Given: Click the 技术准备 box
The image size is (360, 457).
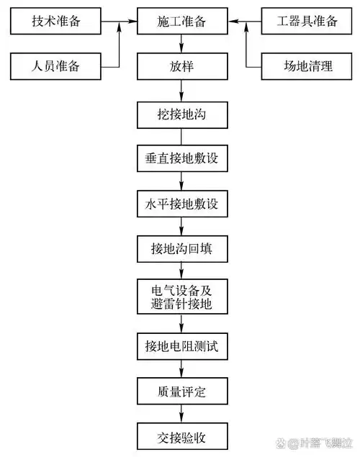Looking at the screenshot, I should (56, 22).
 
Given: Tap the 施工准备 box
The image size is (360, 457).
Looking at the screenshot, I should (181, 22).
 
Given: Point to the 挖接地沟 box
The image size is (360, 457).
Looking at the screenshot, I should (181, 113).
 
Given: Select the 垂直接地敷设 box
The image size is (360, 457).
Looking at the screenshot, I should (181, 158).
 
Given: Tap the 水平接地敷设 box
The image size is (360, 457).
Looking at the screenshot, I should (181, 204).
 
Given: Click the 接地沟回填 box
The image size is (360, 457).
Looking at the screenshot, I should (181, 249).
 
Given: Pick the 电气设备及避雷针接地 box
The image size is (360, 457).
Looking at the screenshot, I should (181, 297).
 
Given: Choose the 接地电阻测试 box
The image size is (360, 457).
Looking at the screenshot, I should (181, 346).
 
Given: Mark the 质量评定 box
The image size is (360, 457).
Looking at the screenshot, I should (181, 392).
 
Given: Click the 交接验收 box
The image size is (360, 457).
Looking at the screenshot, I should (181, 436).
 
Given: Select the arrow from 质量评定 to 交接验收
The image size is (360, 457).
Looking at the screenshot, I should (181, 415).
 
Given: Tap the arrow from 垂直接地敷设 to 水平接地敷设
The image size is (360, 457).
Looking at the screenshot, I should (181, 181).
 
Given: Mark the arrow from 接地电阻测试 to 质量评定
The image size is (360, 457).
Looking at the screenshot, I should (181, 369).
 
